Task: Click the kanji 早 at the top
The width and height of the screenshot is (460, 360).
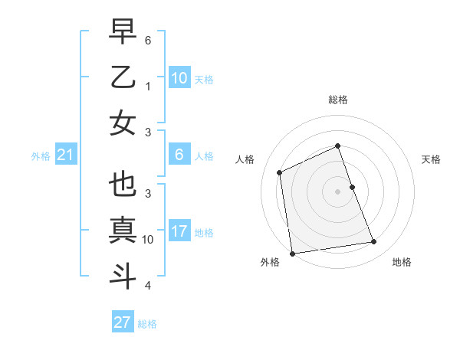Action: click(123, 32)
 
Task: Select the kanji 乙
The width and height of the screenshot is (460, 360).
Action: click(123, 77)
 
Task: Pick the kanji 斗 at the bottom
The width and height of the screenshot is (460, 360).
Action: click(123, 275)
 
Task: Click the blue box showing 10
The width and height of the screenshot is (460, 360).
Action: click(179, 77)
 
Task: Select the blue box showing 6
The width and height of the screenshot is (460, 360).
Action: click(179, 155)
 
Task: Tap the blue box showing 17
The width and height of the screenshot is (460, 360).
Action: click(179, 231)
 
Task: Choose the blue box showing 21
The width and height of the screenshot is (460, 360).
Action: click(65, 155)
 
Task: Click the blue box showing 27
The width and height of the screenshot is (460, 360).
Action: click(123, 322)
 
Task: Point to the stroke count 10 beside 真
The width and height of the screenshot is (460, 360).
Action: click(148, 240)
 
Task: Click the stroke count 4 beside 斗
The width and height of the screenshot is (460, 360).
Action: click(148, 286)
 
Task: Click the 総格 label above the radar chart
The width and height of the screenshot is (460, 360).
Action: click(337, 100)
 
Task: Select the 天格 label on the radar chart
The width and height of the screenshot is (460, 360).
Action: click(431, 159)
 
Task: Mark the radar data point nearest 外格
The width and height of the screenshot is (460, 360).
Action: click(292, 254)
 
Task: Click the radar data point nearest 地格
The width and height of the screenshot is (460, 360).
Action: click(373, 242)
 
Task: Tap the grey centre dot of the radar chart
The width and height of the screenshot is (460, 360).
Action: click(337, 191)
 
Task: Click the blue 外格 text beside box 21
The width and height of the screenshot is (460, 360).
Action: click(41, 156)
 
